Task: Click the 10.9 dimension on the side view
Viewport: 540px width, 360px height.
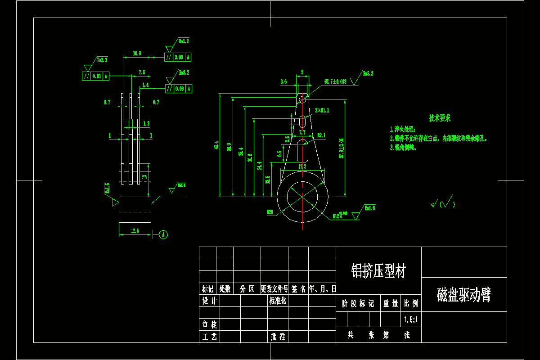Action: click(x=137, y=54)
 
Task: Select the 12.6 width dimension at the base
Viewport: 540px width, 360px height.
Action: click(x=135, y=231)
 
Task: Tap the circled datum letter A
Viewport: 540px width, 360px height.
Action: click(x=164, y=234)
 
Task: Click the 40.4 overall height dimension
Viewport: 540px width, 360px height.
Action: click(x=216, y=145)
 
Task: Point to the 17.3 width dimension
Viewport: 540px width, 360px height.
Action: click(x=302, y=166)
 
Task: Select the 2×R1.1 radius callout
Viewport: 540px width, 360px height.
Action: click(x=322, y=110)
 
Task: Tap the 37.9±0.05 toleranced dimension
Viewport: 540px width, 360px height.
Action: click(x=342, y=148)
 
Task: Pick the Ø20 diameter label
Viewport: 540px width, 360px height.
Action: click(x=270, y=211)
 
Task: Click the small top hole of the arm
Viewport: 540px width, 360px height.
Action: click(x=302, y=99)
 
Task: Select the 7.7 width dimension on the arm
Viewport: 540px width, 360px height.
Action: click(x=302, y=132)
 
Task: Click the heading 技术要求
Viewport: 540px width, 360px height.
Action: click(x=440, y=118)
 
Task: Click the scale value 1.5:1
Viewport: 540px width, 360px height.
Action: click(x=411, y=320)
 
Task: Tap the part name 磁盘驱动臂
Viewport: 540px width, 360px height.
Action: click(x=463, y=295)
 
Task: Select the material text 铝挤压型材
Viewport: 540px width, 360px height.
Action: click(x=378, y=271)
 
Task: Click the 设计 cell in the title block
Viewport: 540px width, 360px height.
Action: click(x=209, y=301)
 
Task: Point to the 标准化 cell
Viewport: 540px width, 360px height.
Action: click(x=278, y=301)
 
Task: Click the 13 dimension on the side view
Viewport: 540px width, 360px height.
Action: click(x=144, y=177)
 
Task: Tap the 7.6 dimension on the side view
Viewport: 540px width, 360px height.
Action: click(x=142, y=72)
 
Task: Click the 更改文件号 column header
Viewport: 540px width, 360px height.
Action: click(x=274, y=289)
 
